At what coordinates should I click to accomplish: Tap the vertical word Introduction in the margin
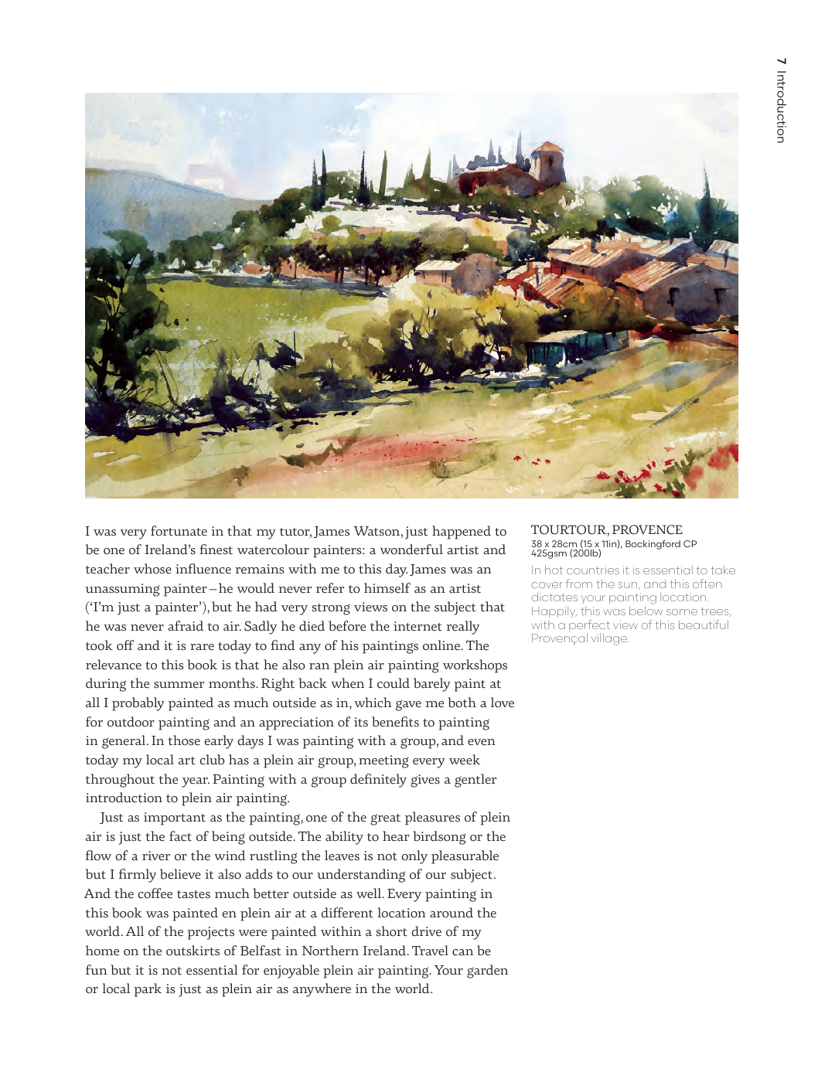782,107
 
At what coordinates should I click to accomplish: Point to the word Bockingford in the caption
653,544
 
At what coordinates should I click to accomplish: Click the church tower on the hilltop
550,162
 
